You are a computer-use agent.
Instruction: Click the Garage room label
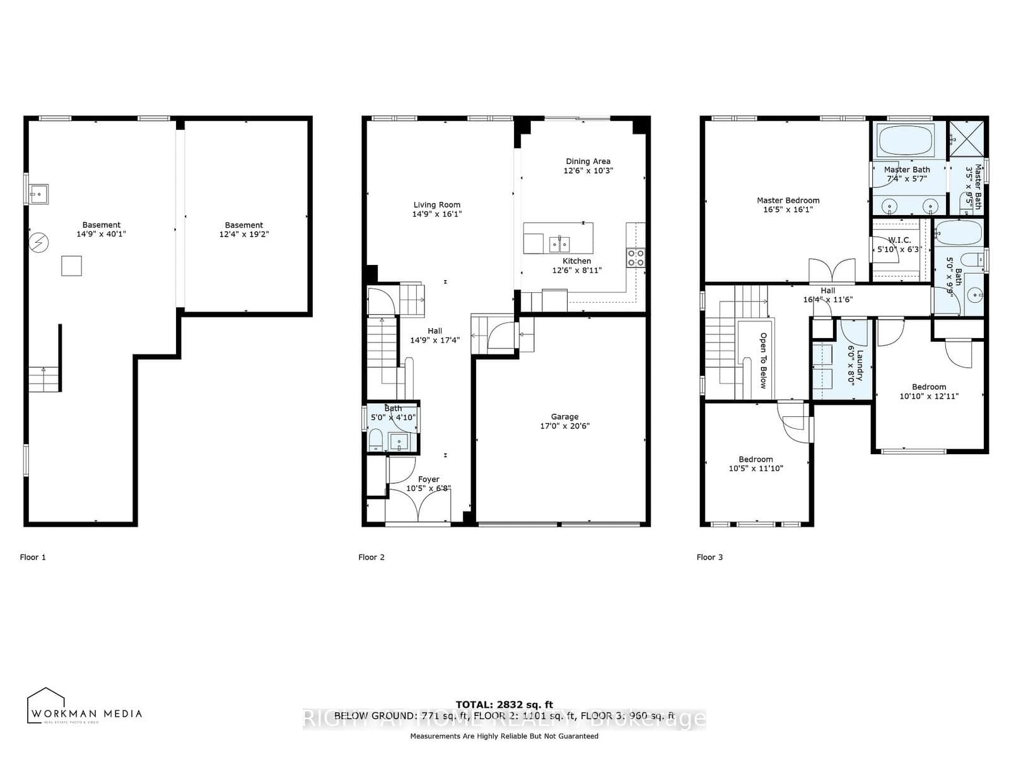point(564,416)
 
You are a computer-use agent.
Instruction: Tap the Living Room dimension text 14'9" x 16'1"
point(436,214)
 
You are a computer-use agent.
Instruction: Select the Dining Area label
point(588,161)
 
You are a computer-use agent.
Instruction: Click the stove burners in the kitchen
point(635,257)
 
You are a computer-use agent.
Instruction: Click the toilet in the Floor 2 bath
point(375,440)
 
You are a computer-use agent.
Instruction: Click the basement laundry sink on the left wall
point(38,192)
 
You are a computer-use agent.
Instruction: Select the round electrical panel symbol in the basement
point(39,242)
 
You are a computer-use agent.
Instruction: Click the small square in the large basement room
point(71,266)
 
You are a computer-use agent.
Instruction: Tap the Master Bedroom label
point(788,201)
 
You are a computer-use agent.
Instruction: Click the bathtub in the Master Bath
point(906,140)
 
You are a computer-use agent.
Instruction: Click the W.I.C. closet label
point(899,240)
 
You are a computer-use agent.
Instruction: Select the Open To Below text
point(763,360)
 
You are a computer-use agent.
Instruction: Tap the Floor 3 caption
point(709,557)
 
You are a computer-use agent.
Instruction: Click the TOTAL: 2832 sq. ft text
point(504,705)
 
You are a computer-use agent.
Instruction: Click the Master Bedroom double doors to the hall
point(832,271)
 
